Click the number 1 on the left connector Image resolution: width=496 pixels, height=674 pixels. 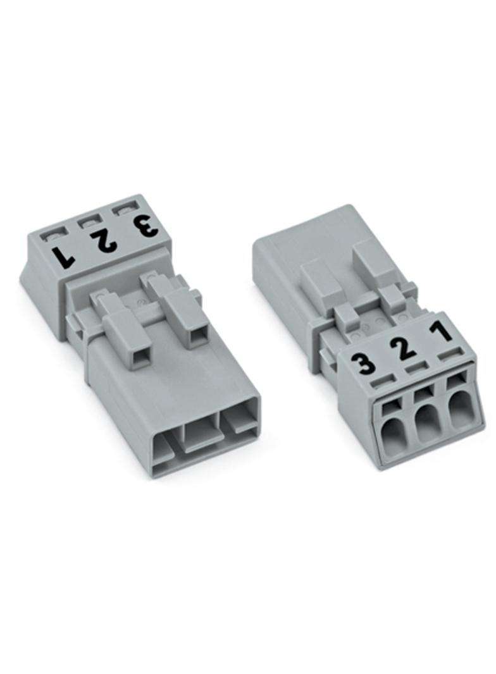click(63, 255)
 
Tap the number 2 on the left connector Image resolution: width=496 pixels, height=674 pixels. click(101, 240)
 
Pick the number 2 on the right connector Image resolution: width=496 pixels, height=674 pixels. click(399, 348)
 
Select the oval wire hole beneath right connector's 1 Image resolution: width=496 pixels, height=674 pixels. click(461, 412)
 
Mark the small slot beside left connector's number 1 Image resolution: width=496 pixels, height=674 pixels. click(49, 236)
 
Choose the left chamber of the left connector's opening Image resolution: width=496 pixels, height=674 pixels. click(163, 450)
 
